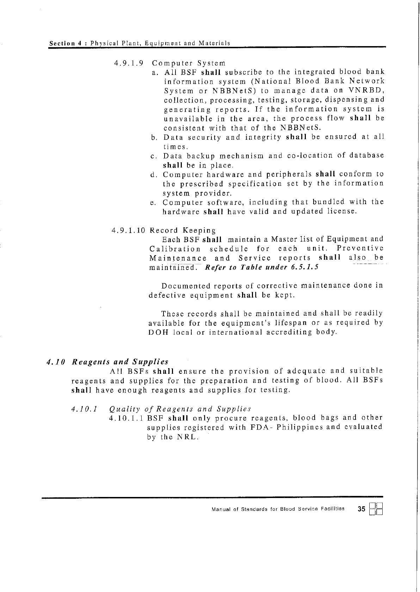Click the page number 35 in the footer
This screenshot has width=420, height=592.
(x=362, y=509)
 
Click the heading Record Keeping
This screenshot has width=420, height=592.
(x=183, y=231)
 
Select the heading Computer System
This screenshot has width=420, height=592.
(x=189, y=64)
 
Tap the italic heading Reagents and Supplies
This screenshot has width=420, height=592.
(x=120, y=362)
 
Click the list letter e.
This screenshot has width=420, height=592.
(x=153, y=203)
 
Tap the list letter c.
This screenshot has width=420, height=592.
(x=153, y=156)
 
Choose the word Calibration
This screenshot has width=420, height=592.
(x=175, y=249)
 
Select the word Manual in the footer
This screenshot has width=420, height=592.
(x=221, y=509)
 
